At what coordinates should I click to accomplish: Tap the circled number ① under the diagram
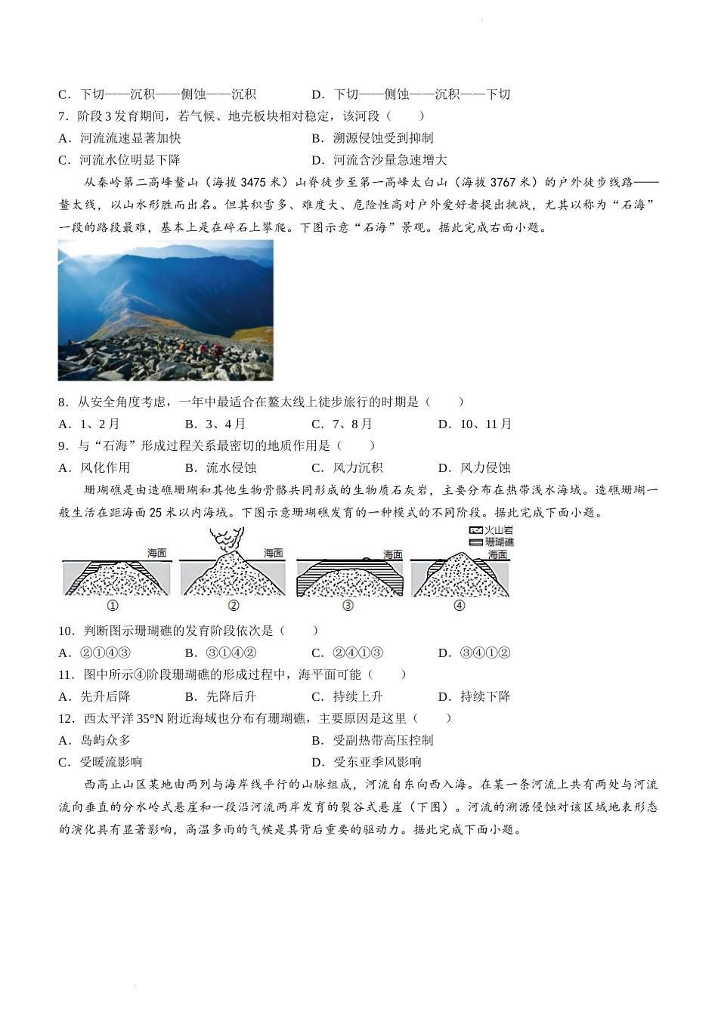113,606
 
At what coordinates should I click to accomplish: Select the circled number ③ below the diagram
348,606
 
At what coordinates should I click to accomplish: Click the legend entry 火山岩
491,531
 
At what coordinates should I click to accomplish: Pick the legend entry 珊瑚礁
491,542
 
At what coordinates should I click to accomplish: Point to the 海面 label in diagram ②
273,554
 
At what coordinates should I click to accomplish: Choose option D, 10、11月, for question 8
475,424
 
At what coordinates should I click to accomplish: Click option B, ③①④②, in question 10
221,653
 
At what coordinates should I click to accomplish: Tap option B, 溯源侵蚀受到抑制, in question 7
373,138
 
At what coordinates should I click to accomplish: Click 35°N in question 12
147,719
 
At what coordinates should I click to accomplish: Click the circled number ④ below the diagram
459,606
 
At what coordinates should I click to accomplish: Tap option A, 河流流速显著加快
120,138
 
